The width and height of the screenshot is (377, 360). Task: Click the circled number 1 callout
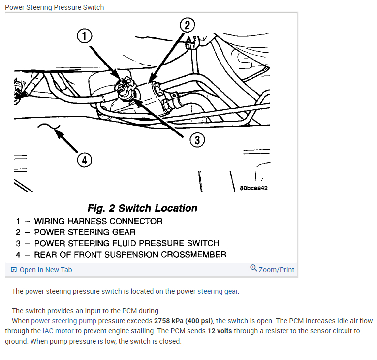pyautogui.click(x=85, y=36)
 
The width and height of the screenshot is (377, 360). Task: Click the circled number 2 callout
pyautogui.click(x=187, y=25)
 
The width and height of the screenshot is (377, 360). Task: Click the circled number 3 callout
pyautogui.click(x=197, y=140)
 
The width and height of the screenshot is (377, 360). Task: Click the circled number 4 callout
pyautogui.click(x=84, y=160)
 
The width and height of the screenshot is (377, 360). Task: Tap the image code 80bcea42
pyautogui.click(x=253, y=188)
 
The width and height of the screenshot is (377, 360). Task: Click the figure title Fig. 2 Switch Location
pyautogui.click(x=142, y=208)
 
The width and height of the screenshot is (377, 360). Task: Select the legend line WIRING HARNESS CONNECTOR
pyautogui.click(x=98, y=221)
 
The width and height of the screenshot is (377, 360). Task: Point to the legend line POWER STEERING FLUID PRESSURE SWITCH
pyautogui.click(x=126, y=243)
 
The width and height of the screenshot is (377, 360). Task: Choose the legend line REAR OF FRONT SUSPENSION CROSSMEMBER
pyautogui.click(x=130, y=255)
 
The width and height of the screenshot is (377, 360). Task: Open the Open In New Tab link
pyautogui.click(x=45, y=270)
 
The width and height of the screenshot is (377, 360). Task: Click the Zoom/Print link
pyautogui.click(x=276, y=270)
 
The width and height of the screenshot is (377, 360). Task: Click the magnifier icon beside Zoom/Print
pyautogui.click(x=253, y=268)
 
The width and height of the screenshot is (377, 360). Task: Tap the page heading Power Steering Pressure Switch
pyautogui.click(x=54, y=7)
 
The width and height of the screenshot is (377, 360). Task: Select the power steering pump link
pyautogui.click(x=63, y=321)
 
